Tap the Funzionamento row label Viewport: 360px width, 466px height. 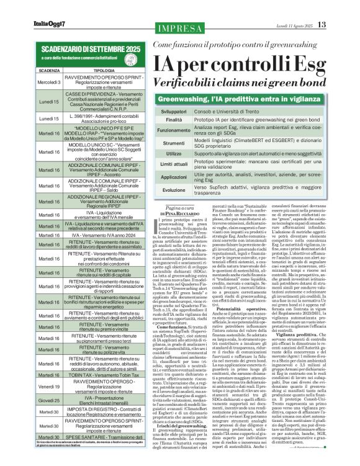tap(174, 131)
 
